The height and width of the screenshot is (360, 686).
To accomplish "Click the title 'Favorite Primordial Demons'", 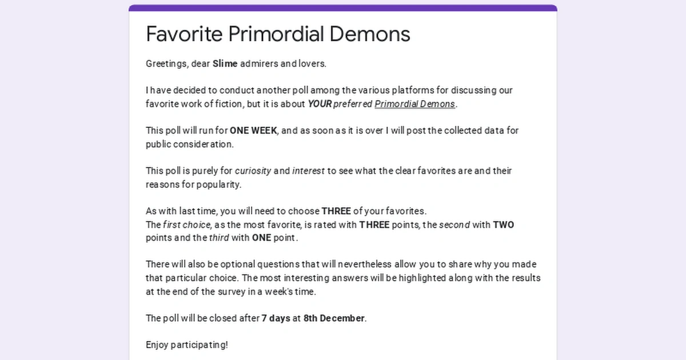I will pos(278,34).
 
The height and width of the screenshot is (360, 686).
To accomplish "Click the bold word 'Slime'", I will pos(225,63).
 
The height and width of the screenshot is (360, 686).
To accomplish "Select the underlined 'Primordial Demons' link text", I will pos(414,104).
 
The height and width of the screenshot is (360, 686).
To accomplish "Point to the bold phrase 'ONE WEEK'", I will pos(253,130).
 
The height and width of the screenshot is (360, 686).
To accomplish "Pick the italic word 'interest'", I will pos(309,171).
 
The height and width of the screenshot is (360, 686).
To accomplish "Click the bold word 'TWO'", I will pos(503,225).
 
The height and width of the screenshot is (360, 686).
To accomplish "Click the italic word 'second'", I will pos(454,225).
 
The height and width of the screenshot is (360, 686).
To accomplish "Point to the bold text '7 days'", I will pos(276,318).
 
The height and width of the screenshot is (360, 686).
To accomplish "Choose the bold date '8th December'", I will pos(334,318).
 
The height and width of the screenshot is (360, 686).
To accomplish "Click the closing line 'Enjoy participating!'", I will pos(187,345).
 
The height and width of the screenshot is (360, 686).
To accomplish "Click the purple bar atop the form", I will pos(343,8).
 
